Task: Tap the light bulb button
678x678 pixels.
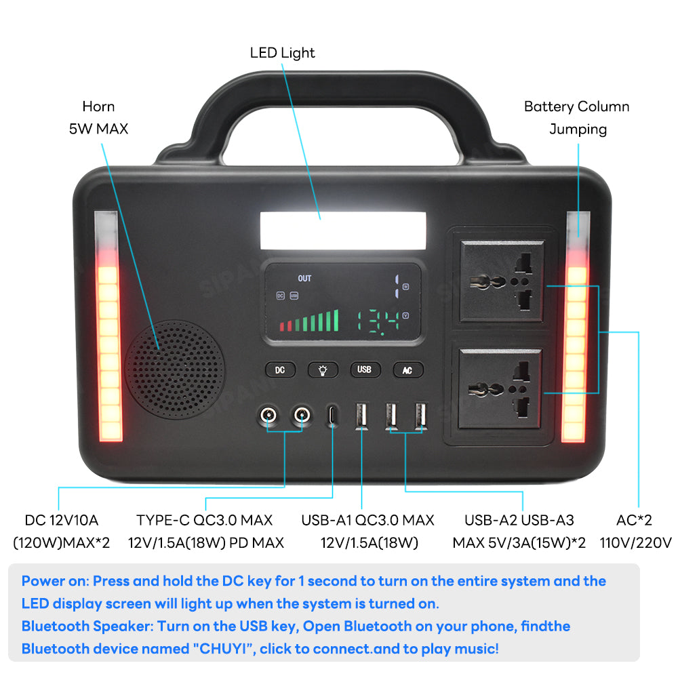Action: coord(323,370)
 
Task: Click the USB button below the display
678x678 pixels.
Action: coord(365,370)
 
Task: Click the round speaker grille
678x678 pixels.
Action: coord(174,370)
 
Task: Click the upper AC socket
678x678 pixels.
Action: coord(501,280)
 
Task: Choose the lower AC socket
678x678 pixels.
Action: coord(501,388)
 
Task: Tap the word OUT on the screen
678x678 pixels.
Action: coord(304,279)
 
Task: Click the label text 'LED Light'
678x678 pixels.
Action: coord(282,53)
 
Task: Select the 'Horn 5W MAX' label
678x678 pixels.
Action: coord(98,117)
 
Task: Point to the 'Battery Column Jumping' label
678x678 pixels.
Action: coord(576,117)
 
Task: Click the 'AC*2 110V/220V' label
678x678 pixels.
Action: coord(635,531)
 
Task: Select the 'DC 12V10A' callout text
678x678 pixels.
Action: coord(62,521)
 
